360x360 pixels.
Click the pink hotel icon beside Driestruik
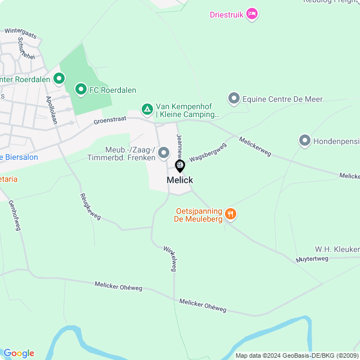pyautogui.click(x=252, y=14)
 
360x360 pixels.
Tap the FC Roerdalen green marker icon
pyautogui.click(x=81, y=89)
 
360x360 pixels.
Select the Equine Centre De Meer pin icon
pyautogui.click(x=234, y=99)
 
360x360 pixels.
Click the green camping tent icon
pyautogui.click(x=147, y=110)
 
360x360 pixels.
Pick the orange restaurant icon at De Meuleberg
pyautogui.click(x=230, y=214)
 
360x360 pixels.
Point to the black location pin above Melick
pyautogui.click(x=180, y=166)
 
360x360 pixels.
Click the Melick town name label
pyautogui.click(x=180, y=180)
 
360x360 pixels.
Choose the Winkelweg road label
pyautogui.click(x=170, y=259)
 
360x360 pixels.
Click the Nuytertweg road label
pyautogui.click(x=312, y=259)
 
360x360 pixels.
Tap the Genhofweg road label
pyautogui.click(x=15, y=217)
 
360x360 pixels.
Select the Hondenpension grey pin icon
pyautogui.click(x=305, y=140)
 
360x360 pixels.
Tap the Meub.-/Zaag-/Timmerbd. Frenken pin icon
pyautogui.click(x=164, y=152)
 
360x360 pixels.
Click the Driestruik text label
pyautogui.click(x=227, y=15)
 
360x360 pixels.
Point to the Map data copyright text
pyautogui.click(x=297, y=355)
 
